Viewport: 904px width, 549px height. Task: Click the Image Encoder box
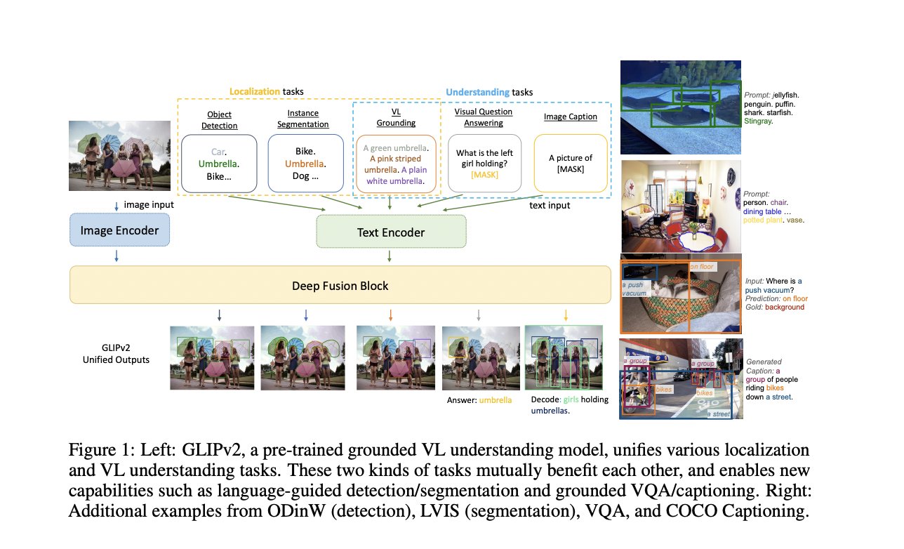click(119, 230)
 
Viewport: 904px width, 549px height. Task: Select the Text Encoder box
click(391, 232)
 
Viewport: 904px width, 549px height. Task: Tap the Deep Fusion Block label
click(340, 286)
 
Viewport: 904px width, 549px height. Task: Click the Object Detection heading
click(219, 120)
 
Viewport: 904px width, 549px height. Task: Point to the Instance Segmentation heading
click(307, 119)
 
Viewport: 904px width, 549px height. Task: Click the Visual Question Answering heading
click(484, 117)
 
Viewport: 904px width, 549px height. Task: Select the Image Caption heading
click(571, 117)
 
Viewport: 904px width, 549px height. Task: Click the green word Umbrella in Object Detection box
click(218, 164)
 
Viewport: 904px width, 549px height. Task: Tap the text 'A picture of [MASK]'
click(571, 163)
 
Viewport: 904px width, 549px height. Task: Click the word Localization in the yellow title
click(255, 91)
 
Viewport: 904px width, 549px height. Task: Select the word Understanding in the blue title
click(477, 91)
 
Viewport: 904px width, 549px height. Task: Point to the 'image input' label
click(148, 204)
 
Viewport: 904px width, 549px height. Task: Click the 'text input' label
click(549, 205)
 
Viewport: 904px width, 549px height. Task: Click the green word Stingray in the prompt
click(762, 121)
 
